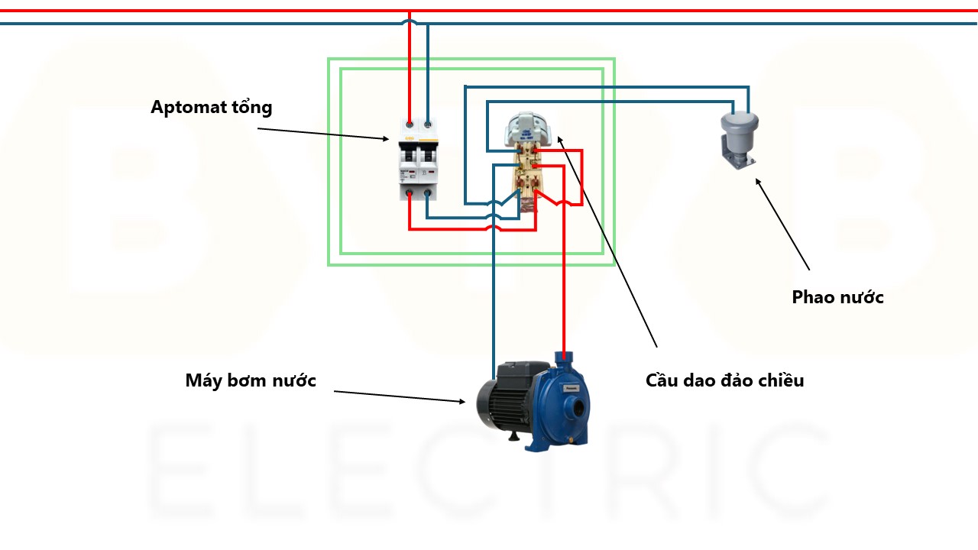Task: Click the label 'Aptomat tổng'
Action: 211,107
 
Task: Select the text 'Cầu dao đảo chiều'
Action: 724,380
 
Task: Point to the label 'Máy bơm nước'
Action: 251,380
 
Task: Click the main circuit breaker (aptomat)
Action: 418,160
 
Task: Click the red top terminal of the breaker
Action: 410,124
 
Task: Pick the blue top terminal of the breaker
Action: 427,124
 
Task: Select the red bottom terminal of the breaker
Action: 410,194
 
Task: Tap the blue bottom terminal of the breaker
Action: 427,194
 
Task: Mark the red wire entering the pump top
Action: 564,306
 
